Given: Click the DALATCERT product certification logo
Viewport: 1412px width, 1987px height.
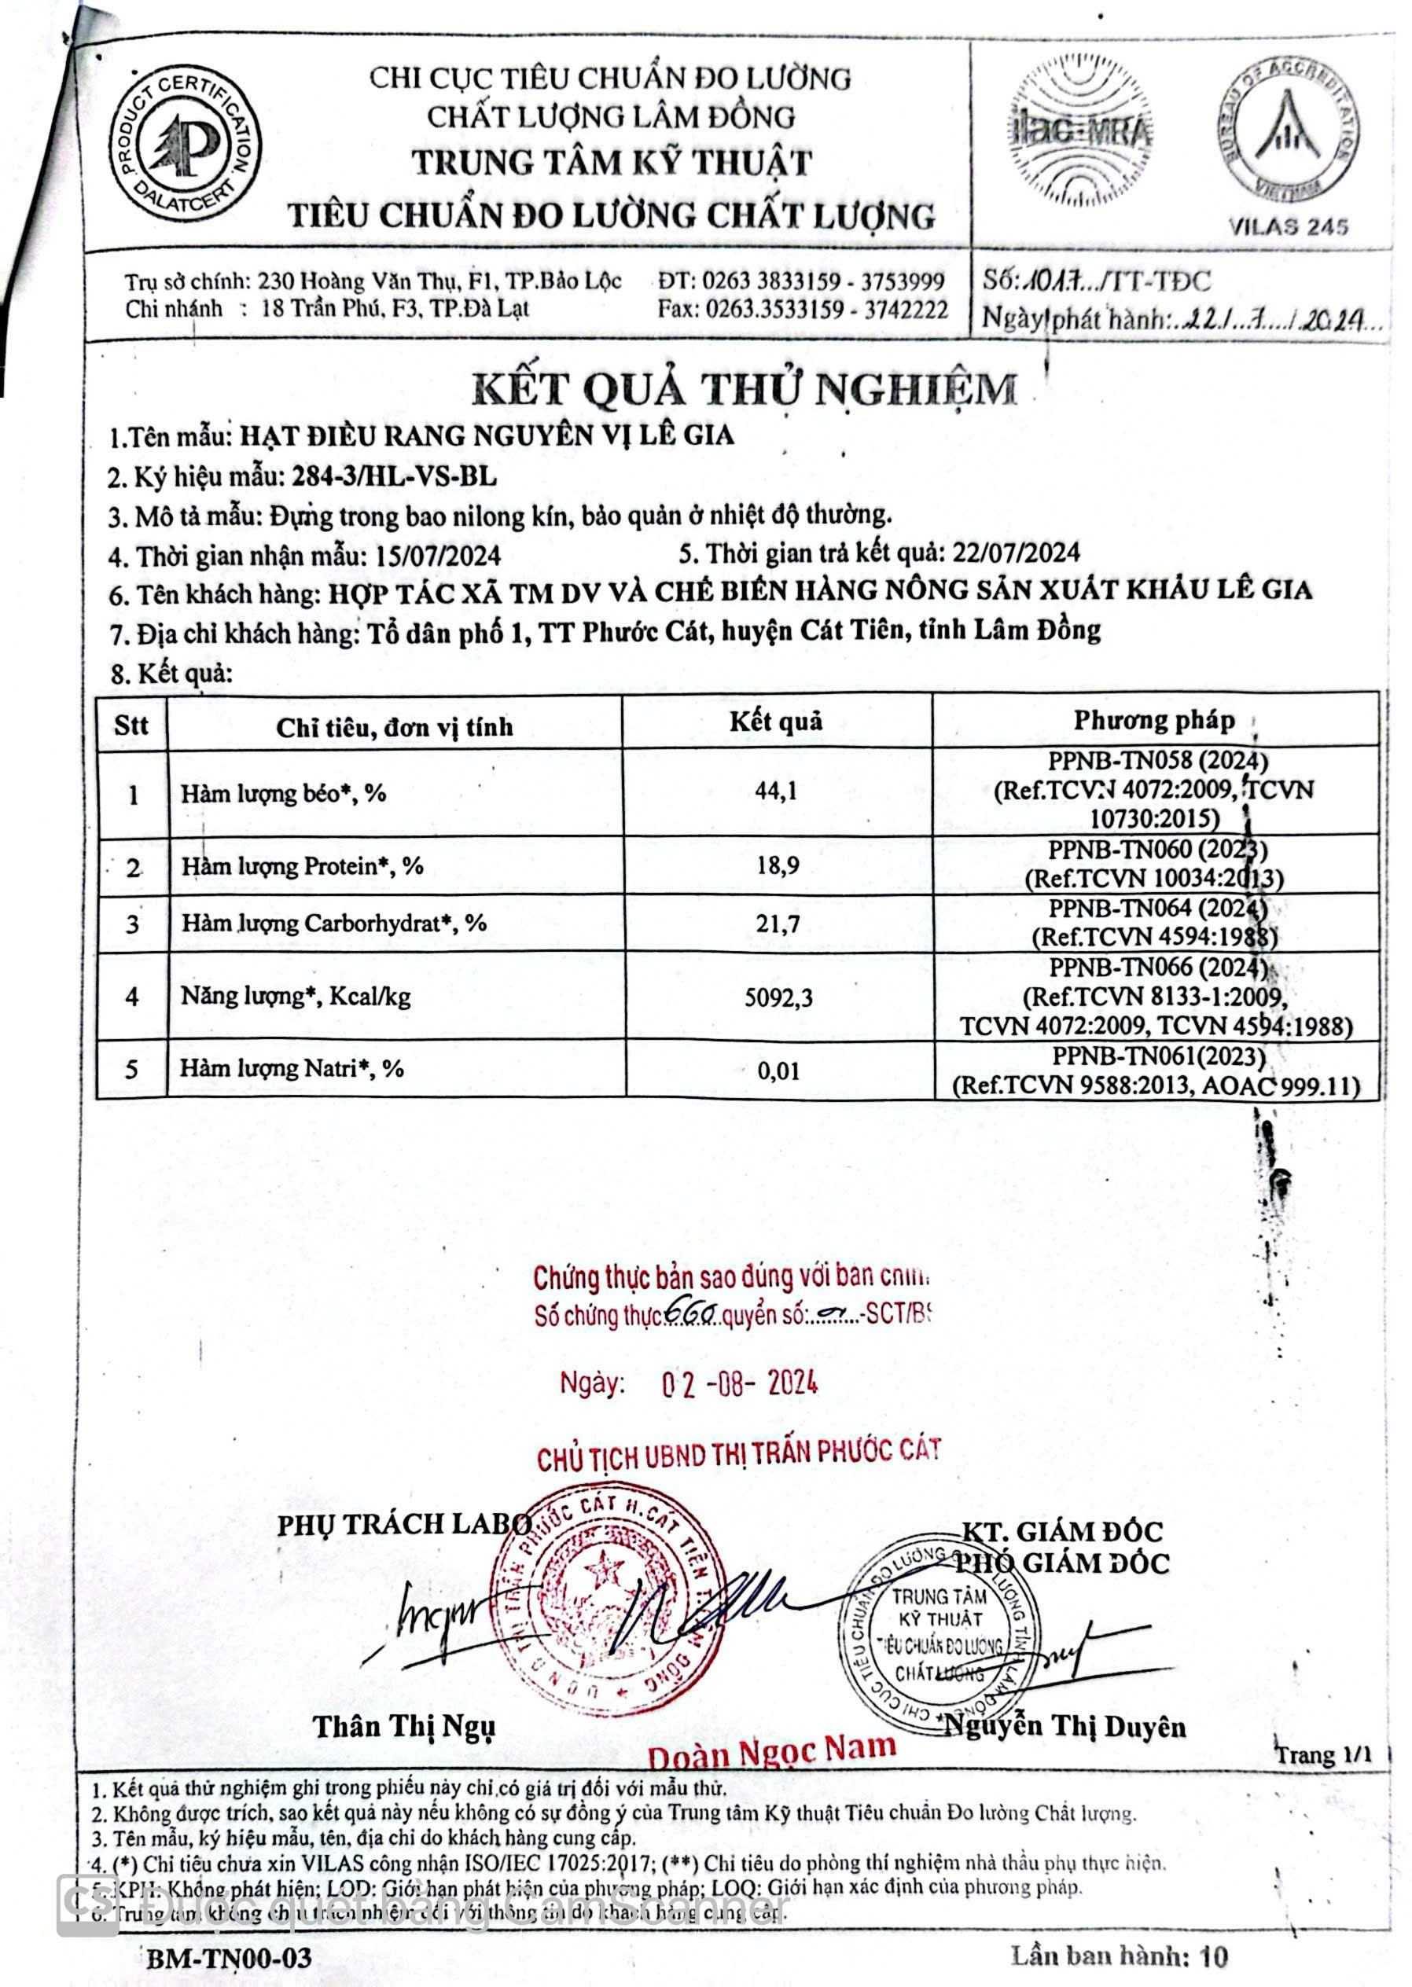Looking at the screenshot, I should point(184,143).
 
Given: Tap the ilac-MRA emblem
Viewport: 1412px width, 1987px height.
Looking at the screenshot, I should point(1080,130).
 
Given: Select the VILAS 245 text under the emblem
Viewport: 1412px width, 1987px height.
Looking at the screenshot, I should point(1289,227).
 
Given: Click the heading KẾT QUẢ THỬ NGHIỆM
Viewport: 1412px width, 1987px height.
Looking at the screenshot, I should point(745,388).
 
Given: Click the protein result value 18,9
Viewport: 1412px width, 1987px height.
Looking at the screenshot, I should point(778,865).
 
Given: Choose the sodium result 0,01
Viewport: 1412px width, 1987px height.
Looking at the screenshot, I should point(778,1070).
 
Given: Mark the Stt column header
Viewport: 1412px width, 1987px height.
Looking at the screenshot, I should point(131,725).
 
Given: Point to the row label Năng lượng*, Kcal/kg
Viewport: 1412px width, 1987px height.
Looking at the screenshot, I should point(296,995).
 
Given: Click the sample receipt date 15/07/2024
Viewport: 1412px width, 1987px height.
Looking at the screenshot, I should point(438,556).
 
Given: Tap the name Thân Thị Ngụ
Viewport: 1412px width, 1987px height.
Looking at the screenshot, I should point(404,1726).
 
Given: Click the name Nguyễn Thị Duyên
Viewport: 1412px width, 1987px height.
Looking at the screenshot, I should point(1065,1726).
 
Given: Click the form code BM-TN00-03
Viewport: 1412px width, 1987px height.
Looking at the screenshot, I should point(229,1959).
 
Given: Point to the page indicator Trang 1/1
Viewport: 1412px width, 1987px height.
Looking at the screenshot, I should point(1322,1755).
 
